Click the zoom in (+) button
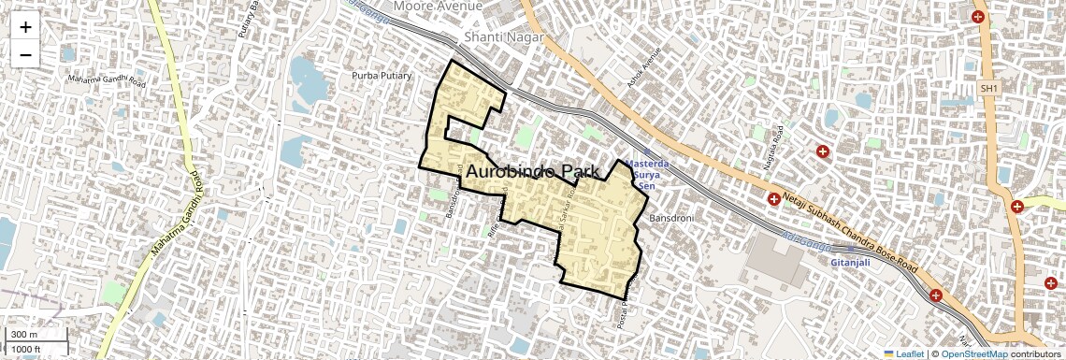(25, 27)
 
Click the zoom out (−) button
(25, 54)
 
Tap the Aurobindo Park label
(533, 172)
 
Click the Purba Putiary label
(382, 75)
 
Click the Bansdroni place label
(670, 218)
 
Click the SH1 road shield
(989, 88)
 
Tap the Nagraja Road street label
(773, 143)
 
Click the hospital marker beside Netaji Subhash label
(774, 199)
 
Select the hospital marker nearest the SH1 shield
(978, 17)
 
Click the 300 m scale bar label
(22, 335)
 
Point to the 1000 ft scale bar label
(27, 350)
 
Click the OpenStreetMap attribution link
(973, 353)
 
